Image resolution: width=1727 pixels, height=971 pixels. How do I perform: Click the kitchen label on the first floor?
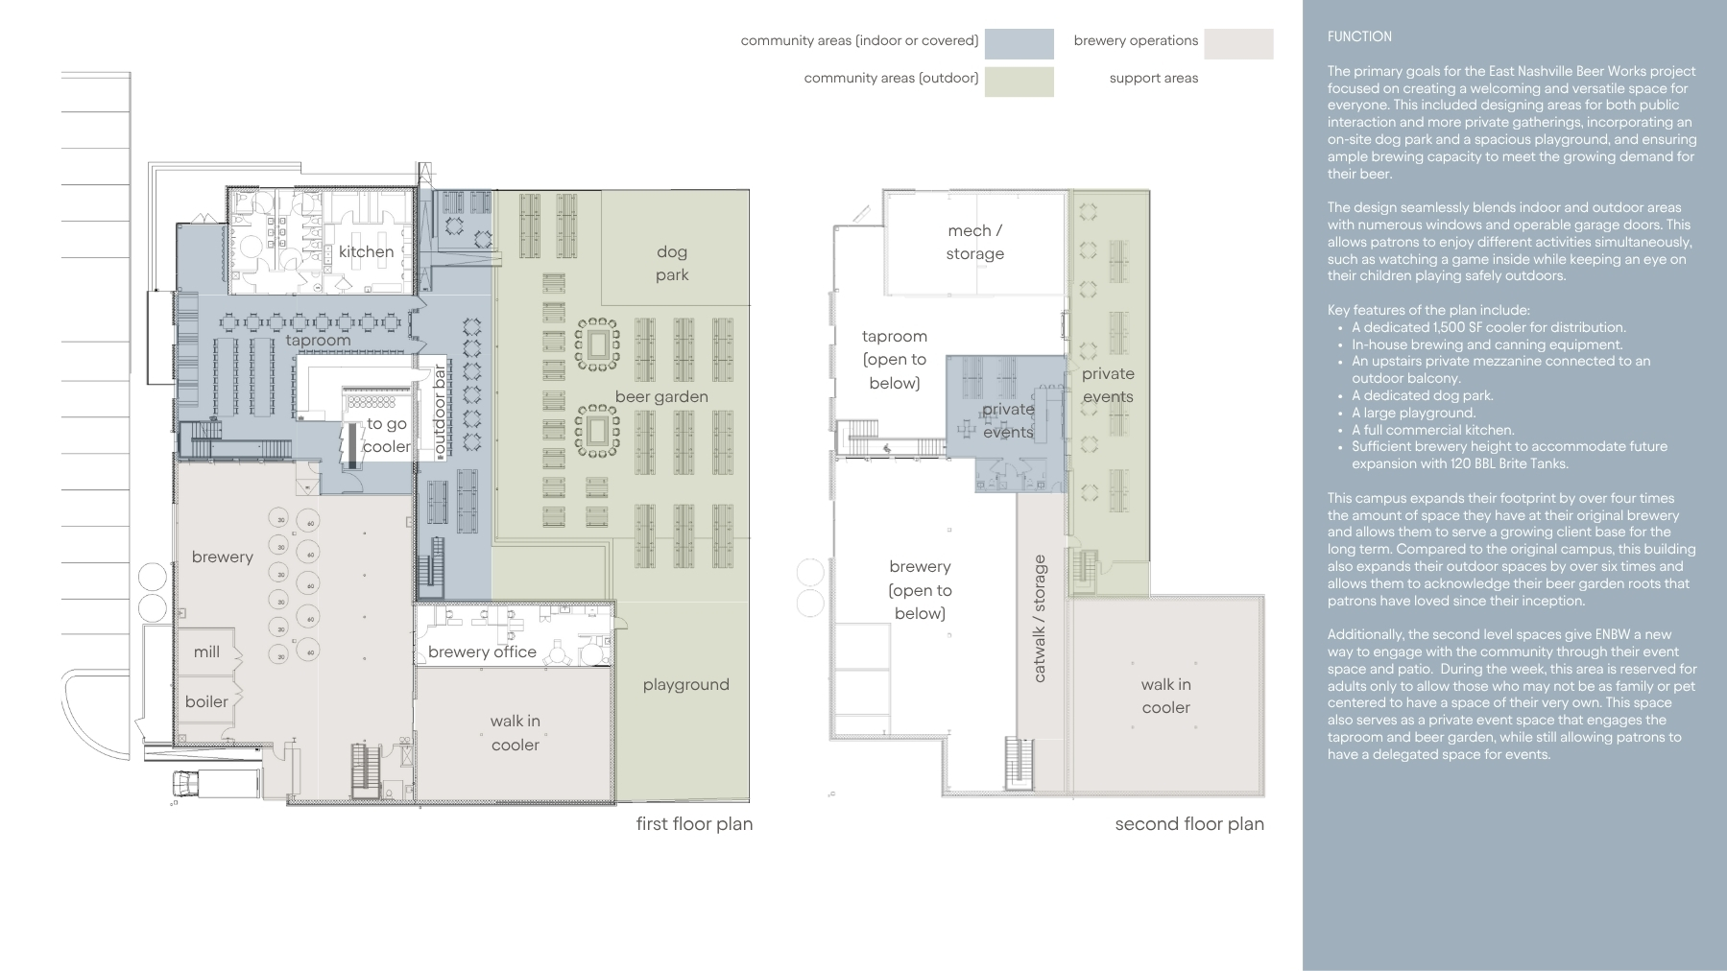point(366,251)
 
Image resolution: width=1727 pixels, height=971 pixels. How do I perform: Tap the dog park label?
point(672,263)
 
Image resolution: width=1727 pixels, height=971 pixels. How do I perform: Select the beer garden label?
point(661,397)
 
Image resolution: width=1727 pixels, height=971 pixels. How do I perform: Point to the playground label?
point(685,685)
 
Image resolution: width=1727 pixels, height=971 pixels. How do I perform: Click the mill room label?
point(206,651)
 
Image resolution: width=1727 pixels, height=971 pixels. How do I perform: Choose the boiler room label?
point(206,701)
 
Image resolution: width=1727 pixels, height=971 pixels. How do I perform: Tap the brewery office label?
point(482,651)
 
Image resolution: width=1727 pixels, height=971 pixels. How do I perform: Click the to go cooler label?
point(387,435)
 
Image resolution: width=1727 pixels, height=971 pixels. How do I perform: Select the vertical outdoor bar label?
point(440,410)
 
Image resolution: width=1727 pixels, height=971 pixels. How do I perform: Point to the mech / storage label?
point(974,242)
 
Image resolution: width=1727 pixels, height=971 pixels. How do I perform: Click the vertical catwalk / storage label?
point(1039,619)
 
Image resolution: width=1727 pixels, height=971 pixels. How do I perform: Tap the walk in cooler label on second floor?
point(1165,696)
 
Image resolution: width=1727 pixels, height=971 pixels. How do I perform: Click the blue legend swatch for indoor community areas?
point(1019,44)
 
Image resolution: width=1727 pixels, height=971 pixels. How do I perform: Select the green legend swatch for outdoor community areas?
point(1019,82)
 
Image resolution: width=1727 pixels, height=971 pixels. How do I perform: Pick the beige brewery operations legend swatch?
point(1238,44)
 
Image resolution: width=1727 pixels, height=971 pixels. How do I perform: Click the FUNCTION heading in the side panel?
point(1359,36)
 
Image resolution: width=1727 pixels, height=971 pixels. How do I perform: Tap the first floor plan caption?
point(694,824)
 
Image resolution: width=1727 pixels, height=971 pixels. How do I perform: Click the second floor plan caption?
point(1189,824)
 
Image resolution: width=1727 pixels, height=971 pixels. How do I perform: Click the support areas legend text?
point(1154,78)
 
